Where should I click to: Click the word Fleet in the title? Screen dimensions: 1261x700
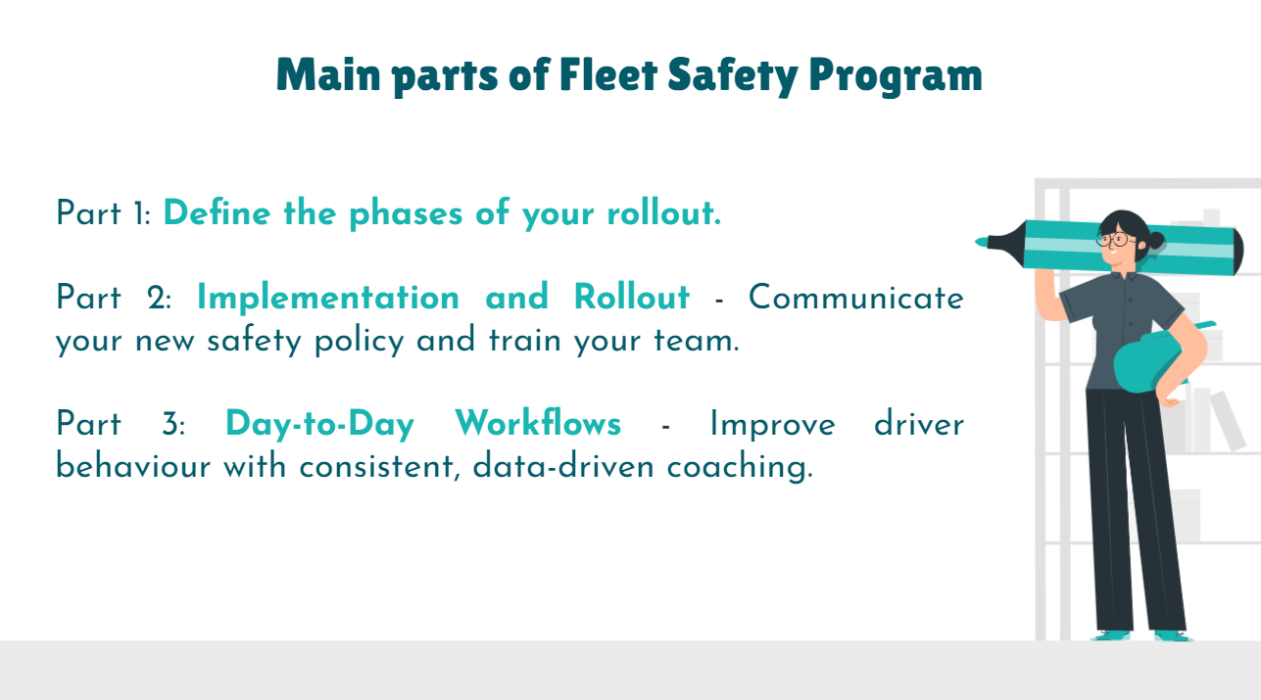pos(608,74)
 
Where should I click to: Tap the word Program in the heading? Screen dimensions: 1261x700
pos(896,77)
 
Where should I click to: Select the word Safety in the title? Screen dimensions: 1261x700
pos(733,77)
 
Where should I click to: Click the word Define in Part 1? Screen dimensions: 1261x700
pos(217,212)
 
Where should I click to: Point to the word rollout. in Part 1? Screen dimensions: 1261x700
pos(663,212)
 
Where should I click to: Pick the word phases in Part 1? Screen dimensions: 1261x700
pos(406,215)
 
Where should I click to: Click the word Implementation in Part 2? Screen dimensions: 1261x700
pos(328,297)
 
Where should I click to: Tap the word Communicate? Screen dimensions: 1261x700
pos(855,297)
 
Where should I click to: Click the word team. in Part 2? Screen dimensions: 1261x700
pos(697,341)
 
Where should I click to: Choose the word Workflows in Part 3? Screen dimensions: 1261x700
pos(538,423)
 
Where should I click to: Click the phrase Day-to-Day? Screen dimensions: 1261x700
pos(319,425)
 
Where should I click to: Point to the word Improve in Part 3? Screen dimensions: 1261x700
pos(772,425)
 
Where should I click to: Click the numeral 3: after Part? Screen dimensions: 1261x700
pos(173,423)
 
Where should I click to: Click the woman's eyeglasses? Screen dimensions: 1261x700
pos(1114,240)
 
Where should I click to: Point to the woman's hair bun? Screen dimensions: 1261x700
pos(1156,240)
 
